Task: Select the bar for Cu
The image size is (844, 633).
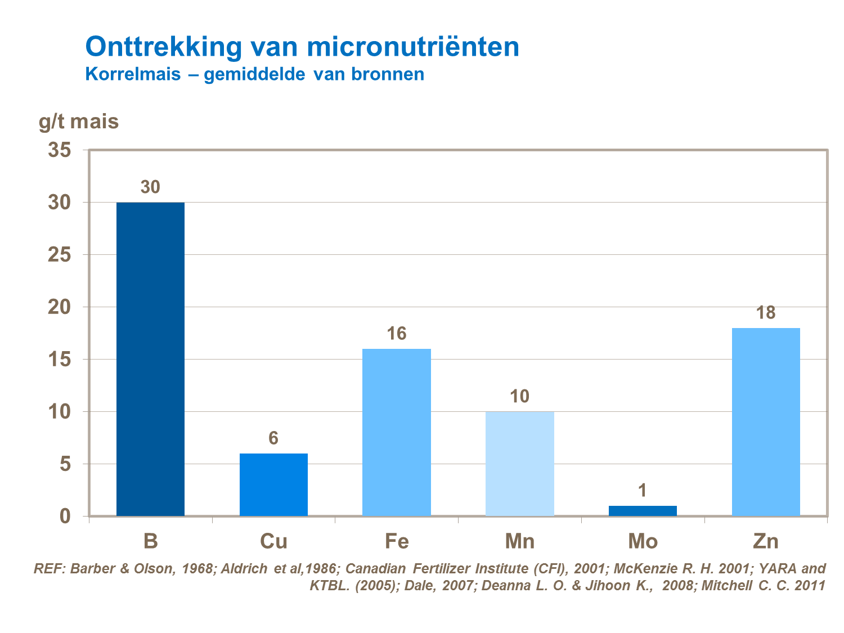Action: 273,484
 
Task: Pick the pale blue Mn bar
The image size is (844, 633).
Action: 519,464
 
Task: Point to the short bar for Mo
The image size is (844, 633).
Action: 643,511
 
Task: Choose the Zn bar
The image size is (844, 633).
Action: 766,422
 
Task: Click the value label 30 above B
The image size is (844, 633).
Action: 150,187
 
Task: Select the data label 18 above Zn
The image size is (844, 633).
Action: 766,313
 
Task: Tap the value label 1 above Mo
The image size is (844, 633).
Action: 643,491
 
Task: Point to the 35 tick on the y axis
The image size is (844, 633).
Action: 60,150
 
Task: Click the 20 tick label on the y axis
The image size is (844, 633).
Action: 60,307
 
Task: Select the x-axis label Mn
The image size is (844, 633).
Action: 519,541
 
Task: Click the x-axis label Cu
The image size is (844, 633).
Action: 273,541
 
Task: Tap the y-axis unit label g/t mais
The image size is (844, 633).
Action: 79,122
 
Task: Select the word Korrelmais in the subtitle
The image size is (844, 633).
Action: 133,74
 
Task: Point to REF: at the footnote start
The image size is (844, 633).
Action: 50,568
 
